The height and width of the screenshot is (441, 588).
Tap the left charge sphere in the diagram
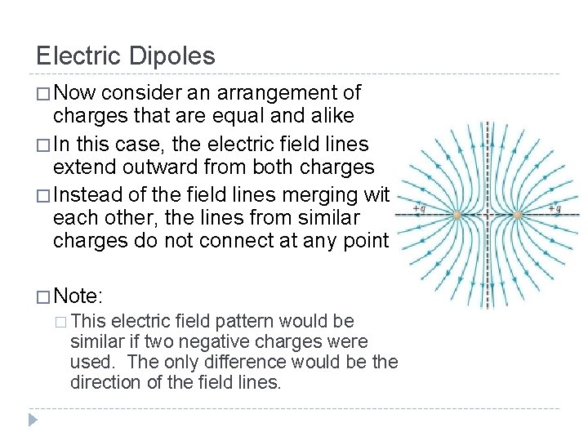[x=457, y=215]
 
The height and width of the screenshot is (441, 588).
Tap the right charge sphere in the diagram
[x=518, y=215]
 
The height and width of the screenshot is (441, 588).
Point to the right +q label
[x=555, y=209]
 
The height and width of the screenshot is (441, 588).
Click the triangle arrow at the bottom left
[x=32, y=420]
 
